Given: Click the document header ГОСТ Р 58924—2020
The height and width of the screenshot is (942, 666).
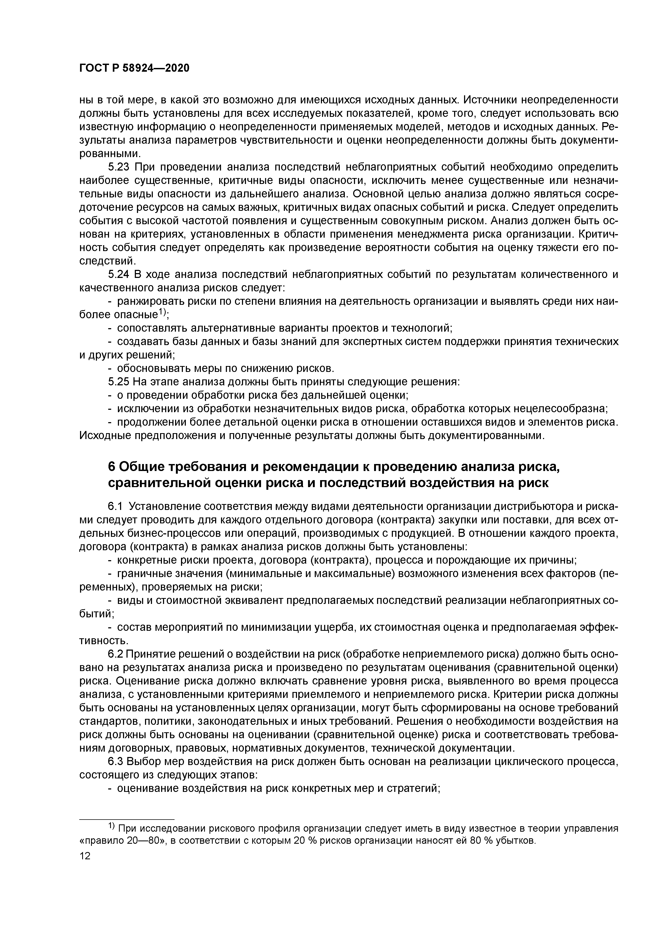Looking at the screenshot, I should click(134, 68).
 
